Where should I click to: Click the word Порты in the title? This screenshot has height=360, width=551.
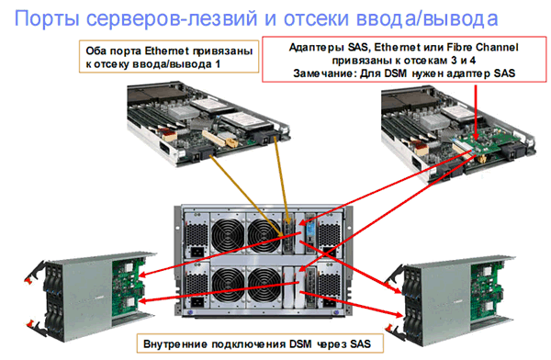click(x=47, y=18)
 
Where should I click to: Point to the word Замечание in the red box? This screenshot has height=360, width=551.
click(x=322, y=73)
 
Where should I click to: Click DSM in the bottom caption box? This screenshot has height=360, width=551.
click(x=300, y=343)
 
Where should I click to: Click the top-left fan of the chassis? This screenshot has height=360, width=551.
click(x=228, y=235)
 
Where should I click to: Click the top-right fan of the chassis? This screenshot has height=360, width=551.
click(x=264, y=235)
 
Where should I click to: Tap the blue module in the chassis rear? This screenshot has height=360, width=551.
click(x=310, y=230)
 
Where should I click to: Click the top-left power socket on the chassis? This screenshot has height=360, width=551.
click(x=197, y=252)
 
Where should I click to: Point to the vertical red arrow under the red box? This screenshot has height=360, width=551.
click(x=476, y=112)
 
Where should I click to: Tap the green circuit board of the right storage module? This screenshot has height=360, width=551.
click(x=487, y=291)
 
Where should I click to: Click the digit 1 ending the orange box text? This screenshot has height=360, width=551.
click(x=218, y=64)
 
